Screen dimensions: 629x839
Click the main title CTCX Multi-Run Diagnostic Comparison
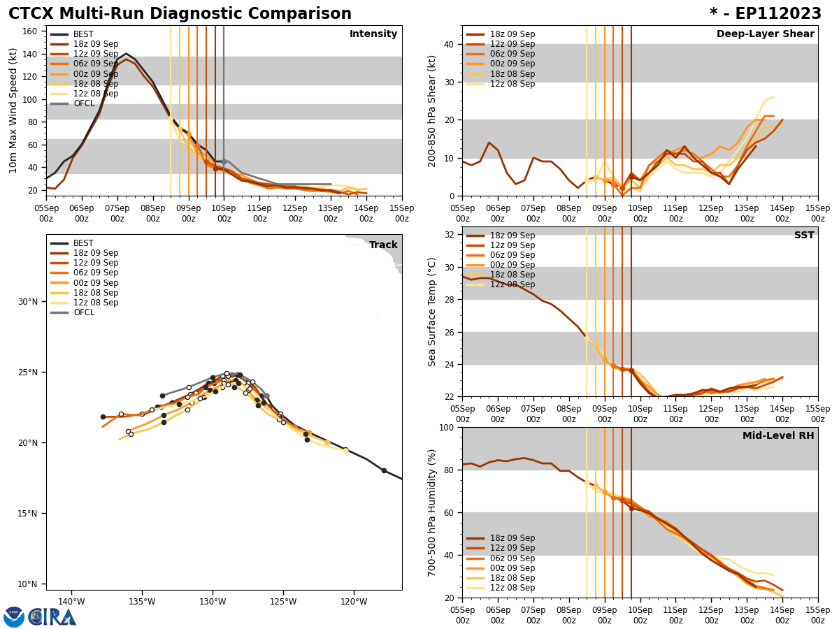180,14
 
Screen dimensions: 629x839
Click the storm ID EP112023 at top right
766,14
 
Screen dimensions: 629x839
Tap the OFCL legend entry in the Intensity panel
84,103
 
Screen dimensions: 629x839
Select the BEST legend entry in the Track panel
84,243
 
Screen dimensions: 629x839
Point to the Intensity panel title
373,34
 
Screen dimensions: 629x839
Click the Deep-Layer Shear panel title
765,34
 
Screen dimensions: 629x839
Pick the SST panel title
803,236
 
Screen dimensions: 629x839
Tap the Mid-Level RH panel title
778,436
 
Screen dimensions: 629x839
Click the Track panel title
382,245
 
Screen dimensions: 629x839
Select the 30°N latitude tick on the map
28,302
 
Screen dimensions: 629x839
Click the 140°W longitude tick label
71,601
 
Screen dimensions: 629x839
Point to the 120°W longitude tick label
354,601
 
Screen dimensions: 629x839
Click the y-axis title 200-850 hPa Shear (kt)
432,111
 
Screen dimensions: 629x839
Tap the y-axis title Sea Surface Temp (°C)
432,312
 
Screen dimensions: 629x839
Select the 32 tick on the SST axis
450,235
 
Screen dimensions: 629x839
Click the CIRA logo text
52,617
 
